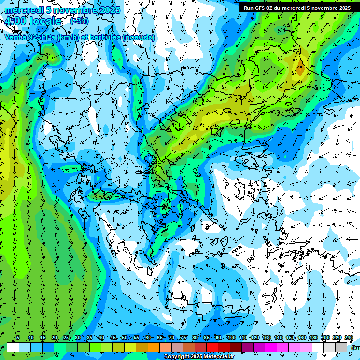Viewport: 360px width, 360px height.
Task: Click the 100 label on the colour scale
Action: [232, 338]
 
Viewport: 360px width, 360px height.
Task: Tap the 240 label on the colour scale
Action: [349, 338]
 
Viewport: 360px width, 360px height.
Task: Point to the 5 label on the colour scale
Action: [18, 338]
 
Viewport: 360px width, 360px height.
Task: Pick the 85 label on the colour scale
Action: [207, 338]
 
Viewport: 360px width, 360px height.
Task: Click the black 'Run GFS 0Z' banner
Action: [297, 8]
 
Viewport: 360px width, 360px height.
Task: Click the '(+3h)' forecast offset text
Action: [79, 21]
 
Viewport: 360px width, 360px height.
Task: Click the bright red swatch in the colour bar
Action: [212, 347]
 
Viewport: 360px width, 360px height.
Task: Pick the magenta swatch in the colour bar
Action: [271, 347]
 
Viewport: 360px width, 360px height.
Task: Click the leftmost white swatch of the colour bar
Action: [13, 347]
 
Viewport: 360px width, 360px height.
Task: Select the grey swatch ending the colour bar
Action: [341, 347]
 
